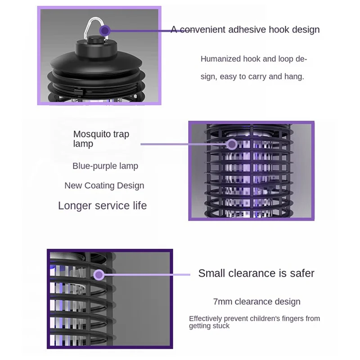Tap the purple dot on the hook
tap(105, 31)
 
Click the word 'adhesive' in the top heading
tap(248, 30)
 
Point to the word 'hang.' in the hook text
tap(294, 76)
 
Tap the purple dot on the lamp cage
tap(232, 144)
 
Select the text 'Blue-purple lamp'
tap(105, 166)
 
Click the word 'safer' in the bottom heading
tap(301, 273)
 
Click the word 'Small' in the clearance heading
tap(212, 273)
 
